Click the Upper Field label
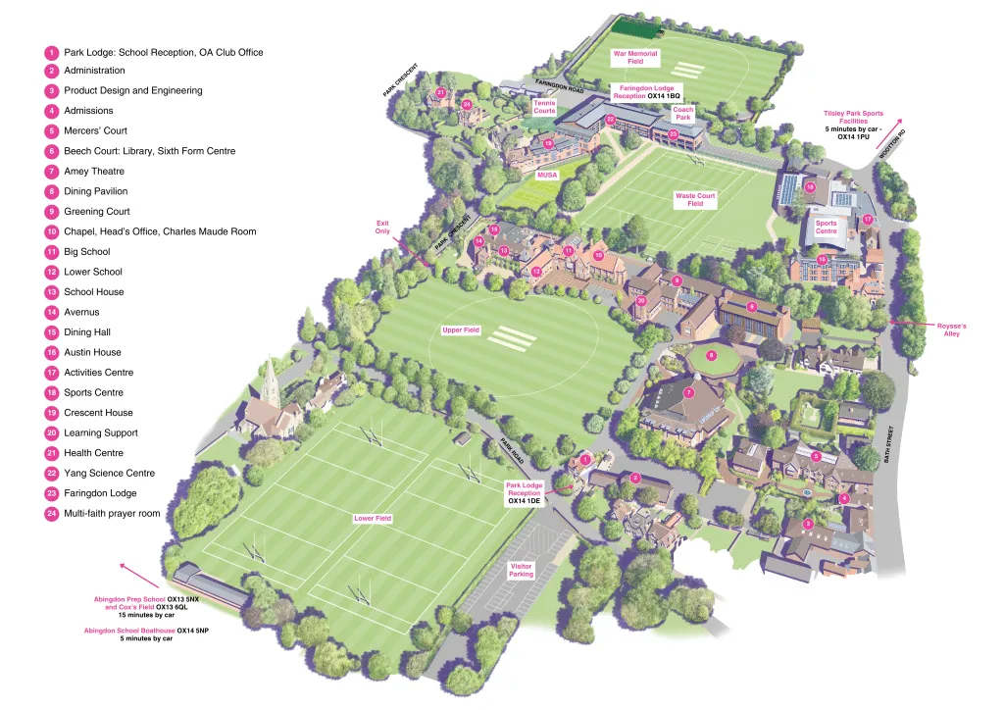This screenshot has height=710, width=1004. (x=461, y=330)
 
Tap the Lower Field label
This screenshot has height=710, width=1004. (x=373, y=518)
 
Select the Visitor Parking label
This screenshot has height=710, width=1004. (x=522, y=570)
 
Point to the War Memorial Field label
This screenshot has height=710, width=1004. (x=634, y=57)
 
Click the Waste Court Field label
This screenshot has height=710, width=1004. (x=695, y=200)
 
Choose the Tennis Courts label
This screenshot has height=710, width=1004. (x=544, y=107)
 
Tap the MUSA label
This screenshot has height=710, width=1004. (x=547, y=175)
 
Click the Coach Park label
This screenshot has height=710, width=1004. (x=682, y=114)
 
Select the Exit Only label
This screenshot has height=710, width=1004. (x=382, y=228)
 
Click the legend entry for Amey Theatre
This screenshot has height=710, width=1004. (x=94, y=172)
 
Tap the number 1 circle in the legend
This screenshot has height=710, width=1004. (x=51, y=52)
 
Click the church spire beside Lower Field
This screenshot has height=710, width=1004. (x=271, y=377)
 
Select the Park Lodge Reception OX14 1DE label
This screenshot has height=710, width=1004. (x=524, y=492)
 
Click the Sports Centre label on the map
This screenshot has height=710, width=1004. (x=827, y=228)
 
